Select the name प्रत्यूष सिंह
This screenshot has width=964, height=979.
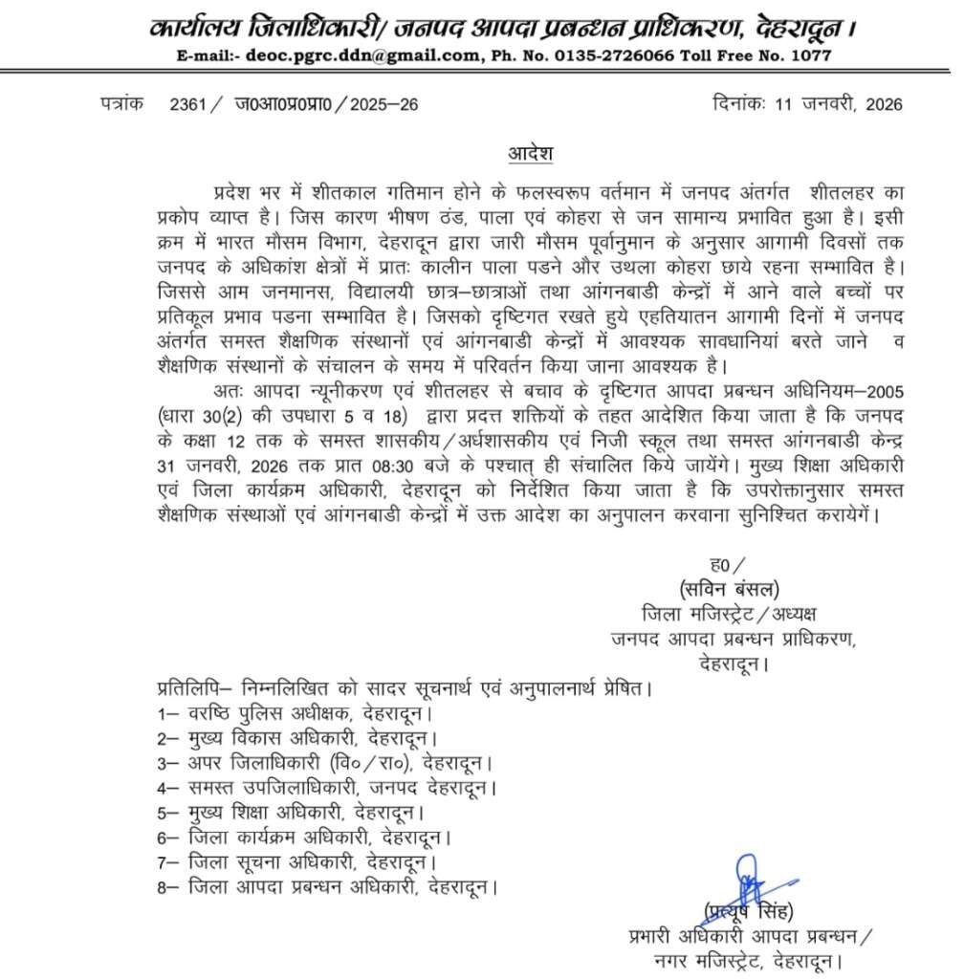[749, 909]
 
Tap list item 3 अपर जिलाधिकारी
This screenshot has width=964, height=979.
[326, 764]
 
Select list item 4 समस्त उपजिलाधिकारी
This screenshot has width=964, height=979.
[329, 789]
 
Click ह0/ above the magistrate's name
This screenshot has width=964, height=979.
[725, 562]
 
